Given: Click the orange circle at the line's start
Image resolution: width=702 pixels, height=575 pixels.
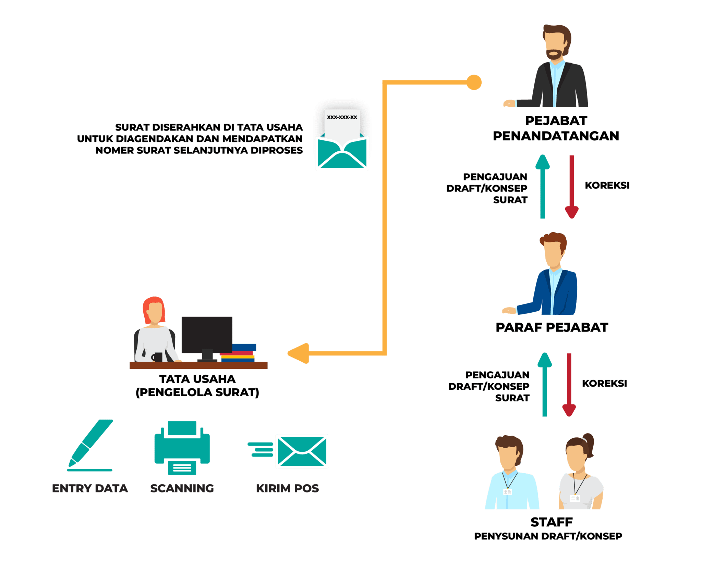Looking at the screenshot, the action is [x=474, y=82].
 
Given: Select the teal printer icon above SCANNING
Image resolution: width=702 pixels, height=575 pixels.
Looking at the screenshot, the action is [x=182, y=448].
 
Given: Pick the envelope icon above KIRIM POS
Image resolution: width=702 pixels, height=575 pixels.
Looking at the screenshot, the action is [x=302, y=451].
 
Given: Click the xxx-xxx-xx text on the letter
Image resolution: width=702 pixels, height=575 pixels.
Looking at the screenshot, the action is [x=342, y=117].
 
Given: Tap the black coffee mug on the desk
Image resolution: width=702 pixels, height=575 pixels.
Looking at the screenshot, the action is [x=157, y=357].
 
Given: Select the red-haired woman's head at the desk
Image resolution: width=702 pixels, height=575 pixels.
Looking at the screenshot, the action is [x=154, y=310].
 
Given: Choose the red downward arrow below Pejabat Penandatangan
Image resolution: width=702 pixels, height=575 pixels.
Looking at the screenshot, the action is [x=571, y=187].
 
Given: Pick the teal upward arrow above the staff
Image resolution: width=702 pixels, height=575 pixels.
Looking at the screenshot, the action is [x=544, y=384].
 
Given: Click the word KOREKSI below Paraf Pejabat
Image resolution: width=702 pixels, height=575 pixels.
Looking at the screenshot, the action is [x=604, y=383].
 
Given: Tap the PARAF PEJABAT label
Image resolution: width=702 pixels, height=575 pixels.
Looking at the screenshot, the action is [x=552, y=327].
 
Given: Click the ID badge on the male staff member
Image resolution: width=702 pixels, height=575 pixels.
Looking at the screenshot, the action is [x=507, y=492].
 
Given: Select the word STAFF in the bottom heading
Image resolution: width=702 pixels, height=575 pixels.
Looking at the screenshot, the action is [x=552, y=522].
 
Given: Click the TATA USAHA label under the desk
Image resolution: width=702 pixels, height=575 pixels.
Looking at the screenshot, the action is [x=197, y=379].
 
